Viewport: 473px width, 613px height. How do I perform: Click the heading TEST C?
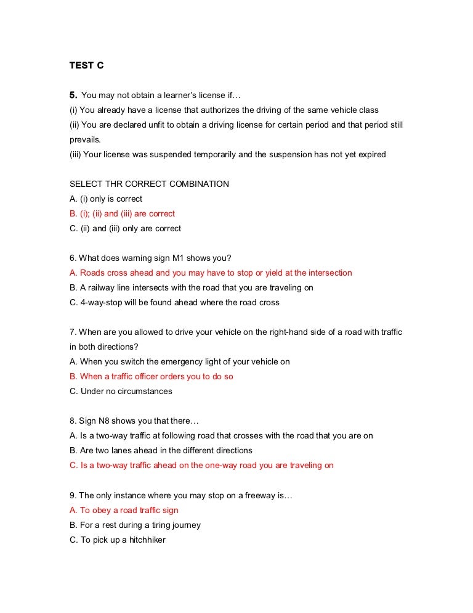(x=86, y=65)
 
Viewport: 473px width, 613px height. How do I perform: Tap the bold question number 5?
(x=73, y=95)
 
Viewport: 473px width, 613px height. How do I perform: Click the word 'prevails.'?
(x=84, y=139)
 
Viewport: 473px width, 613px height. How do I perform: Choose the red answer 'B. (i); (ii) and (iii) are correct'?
(x=122, y=213)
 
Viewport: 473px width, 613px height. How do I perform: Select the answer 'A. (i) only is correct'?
(x=105, y=199)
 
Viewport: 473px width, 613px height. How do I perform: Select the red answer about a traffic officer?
(x=151, y=376)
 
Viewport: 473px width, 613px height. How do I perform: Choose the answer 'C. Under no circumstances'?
(x=121, y=391)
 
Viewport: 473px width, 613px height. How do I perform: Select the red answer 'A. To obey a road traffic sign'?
(x=124, y=510)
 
